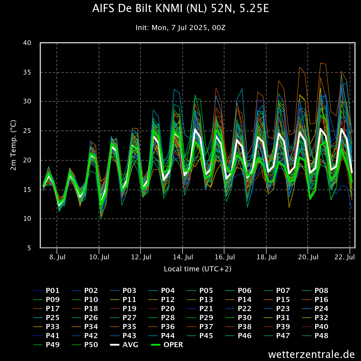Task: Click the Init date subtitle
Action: pyautogui.click(x=180, y=28)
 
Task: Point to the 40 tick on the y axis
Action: pyautogui.click(x=27, y=43)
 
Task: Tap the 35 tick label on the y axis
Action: pyautogui.click(x=27, y=72)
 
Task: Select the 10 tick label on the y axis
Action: pyautogui.click(x=27, y=218)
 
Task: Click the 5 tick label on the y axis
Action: pyautogui.click(x=29, y=248)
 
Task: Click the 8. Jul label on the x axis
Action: pyautogui.click(x=57, y=257)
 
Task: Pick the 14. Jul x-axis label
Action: pyautogui.click(x=183, y=257)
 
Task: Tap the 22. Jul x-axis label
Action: pyautogui.click(x=345, y=257)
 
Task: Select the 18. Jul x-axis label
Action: pyautogui.click(x=267, y=257)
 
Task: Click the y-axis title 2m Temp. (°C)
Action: pyautogui.click(x=14, y=145)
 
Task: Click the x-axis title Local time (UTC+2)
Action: pyautogui.click(x=198, y=269)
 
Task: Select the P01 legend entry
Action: pyautogui.click(x=46, y=291)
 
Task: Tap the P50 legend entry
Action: pyautogui.click(x=85, y=345)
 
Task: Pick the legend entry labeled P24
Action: pyautogui.click(x=315, y=309)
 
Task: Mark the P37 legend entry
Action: pyautogui.click(x=200, y=326)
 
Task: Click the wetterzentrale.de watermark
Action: pyautogui.click(x=311, y=354)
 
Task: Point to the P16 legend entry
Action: pyautogui.click(x=315, y=300)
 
